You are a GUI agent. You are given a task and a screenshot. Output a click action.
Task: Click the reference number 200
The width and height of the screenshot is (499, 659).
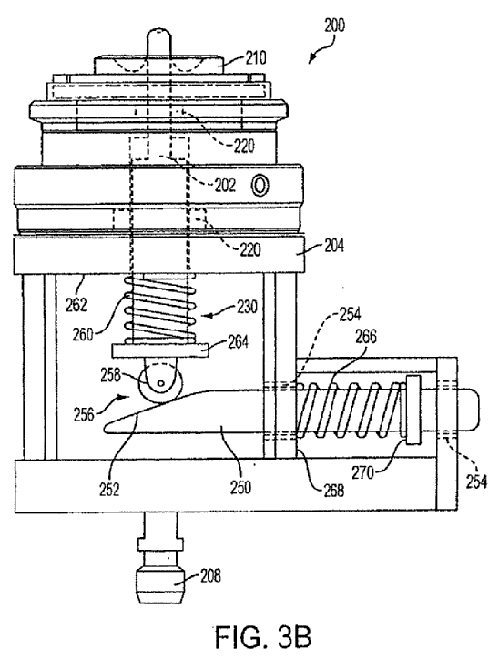pos(334,25)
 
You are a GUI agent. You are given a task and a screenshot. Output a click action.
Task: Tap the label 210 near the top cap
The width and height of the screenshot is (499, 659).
pos(256,58)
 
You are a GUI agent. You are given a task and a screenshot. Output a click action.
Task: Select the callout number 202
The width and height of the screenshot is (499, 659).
pos(225,186)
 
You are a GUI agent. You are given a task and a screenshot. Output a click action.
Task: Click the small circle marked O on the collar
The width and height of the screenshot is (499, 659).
pos(260,186)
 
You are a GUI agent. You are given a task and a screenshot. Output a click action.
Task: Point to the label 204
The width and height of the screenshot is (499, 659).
pos(334,245)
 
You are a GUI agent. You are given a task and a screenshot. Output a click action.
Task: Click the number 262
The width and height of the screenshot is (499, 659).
pos(76,305)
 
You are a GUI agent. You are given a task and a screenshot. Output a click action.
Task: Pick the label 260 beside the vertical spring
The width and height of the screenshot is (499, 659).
pos(83,335)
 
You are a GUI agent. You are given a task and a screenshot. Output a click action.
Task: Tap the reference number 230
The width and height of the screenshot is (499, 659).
pos(247,307)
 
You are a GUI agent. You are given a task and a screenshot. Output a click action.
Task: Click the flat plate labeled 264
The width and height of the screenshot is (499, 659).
pos(160,351)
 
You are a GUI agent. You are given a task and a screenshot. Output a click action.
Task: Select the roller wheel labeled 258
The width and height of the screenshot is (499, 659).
pos(160,383)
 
